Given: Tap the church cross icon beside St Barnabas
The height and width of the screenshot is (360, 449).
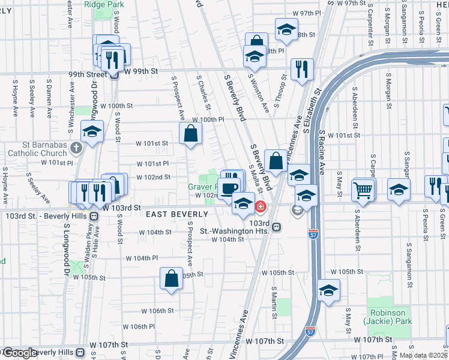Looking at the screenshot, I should pyautogui.click(x=76, y=147).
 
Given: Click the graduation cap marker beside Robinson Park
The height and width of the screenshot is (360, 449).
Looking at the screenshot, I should pyautogui.click(x=328, y=291).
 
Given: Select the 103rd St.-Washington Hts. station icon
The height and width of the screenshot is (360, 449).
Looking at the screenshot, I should pyautogui.click(x=277, y=227).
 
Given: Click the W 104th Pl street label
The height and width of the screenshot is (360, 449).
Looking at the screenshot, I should pyautogui.click(x=141, y=258).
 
